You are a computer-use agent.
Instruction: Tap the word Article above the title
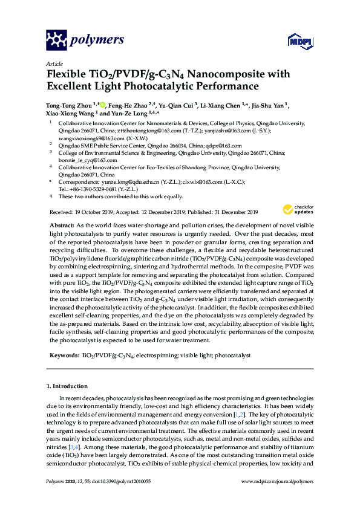pyautogui.click(x=54, y=63)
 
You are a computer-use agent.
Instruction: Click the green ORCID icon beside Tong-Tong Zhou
pyautogui.click(x=103, y=105)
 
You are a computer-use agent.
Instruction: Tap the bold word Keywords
pyautogui.click(x=64, y=356)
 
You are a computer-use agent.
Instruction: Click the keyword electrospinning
pyautogui.click(x=149, y=356)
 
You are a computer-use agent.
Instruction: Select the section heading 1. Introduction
pyautogui.click(x=67, y=386)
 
